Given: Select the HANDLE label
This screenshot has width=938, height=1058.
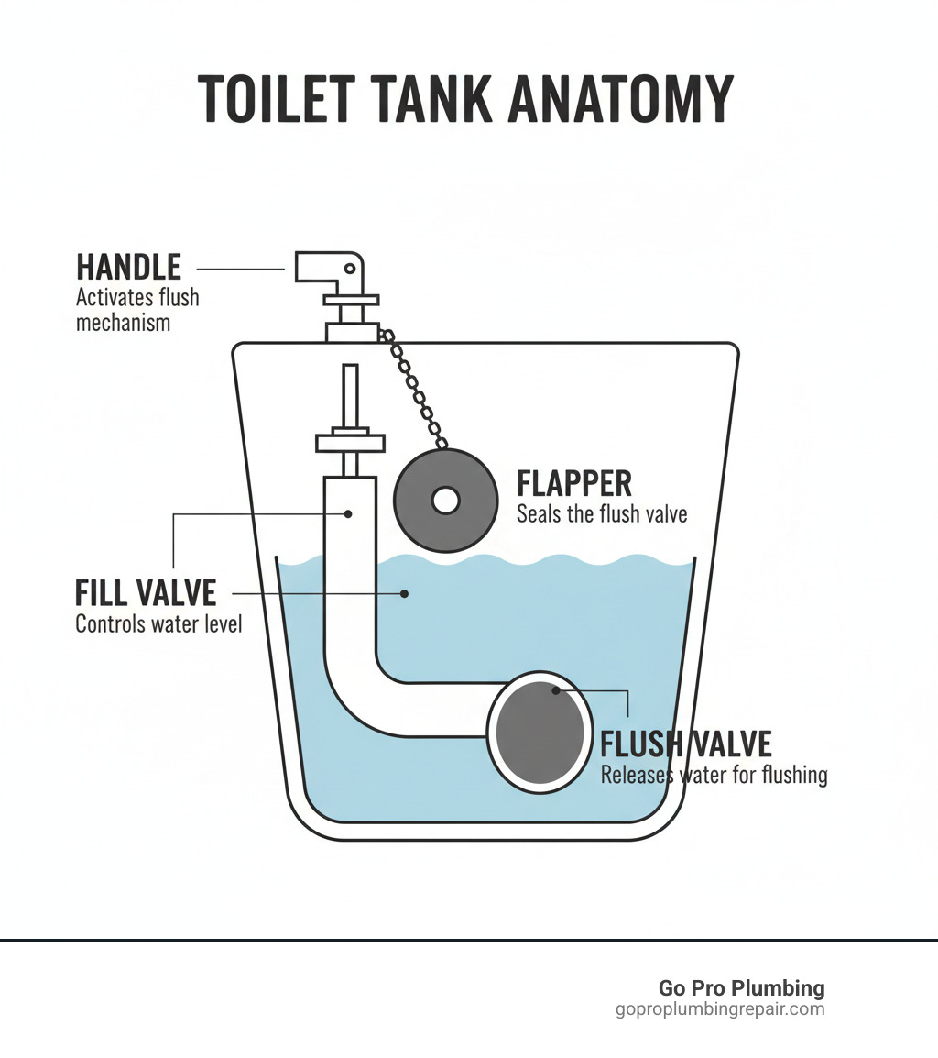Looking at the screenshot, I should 128,268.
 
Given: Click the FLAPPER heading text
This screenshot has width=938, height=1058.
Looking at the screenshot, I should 574,484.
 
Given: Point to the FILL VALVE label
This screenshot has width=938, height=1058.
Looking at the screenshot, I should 145,592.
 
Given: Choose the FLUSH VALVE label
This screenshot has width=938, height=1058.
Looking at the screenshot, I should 685,744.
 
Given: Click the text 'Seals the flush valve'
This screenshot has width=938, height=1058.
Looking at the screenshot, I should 601,514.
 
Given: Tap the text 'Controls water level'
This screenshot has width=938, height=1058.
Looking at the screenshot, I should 158,625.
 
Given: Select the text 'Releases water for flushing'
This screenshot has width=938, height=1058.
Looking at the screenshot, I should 714,776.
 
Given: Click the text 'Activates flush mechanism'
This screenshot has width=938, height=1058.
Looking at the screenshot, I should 136,310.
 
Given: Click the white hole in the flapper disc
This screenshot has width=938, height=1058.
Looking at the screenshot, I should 445,501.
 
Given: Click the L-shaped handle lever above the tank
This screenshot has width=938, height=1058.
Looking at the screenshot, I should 330,267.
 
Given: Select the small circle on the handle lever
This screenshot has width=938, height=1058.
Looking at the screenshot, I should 349,268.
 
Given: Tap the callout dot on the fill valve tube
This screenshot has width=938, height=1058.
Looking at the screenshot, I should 349,513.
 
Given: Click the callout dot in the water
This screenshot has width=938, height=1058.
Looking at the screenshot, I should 403,594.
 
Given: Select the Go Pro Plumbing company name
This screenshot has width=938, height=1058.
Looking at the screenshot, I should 741,988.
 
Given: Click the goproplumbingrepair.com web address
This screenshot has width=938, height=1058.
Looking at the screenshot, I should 720,1009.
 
